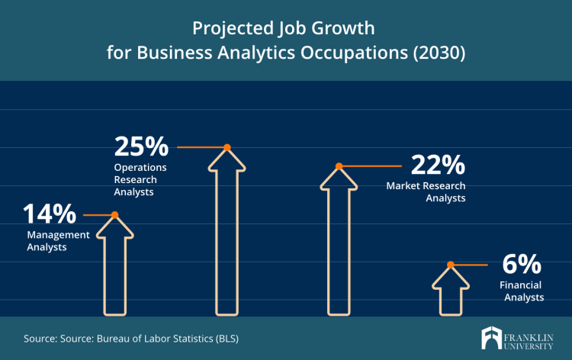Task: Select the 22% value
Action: [x=437, y=166]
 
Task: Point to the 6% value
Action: [x=522, y=265]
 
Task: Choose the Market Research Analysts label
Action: [x=426, y=191]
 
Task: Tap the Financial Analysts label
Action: [x=522, y=291]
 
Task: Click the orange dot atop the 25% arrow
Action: [x=227, y=147]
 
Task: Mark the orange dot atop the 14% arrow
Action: [x=115, y=215]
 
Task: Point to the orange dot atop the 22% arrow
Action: [x=339, y=166]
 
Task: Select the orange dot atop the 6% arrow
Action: [x=451, y=265]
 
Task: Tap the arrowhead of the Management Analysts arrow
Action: [x=115, y=227]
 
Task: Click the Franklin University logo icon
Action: [x=492, y=338]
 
